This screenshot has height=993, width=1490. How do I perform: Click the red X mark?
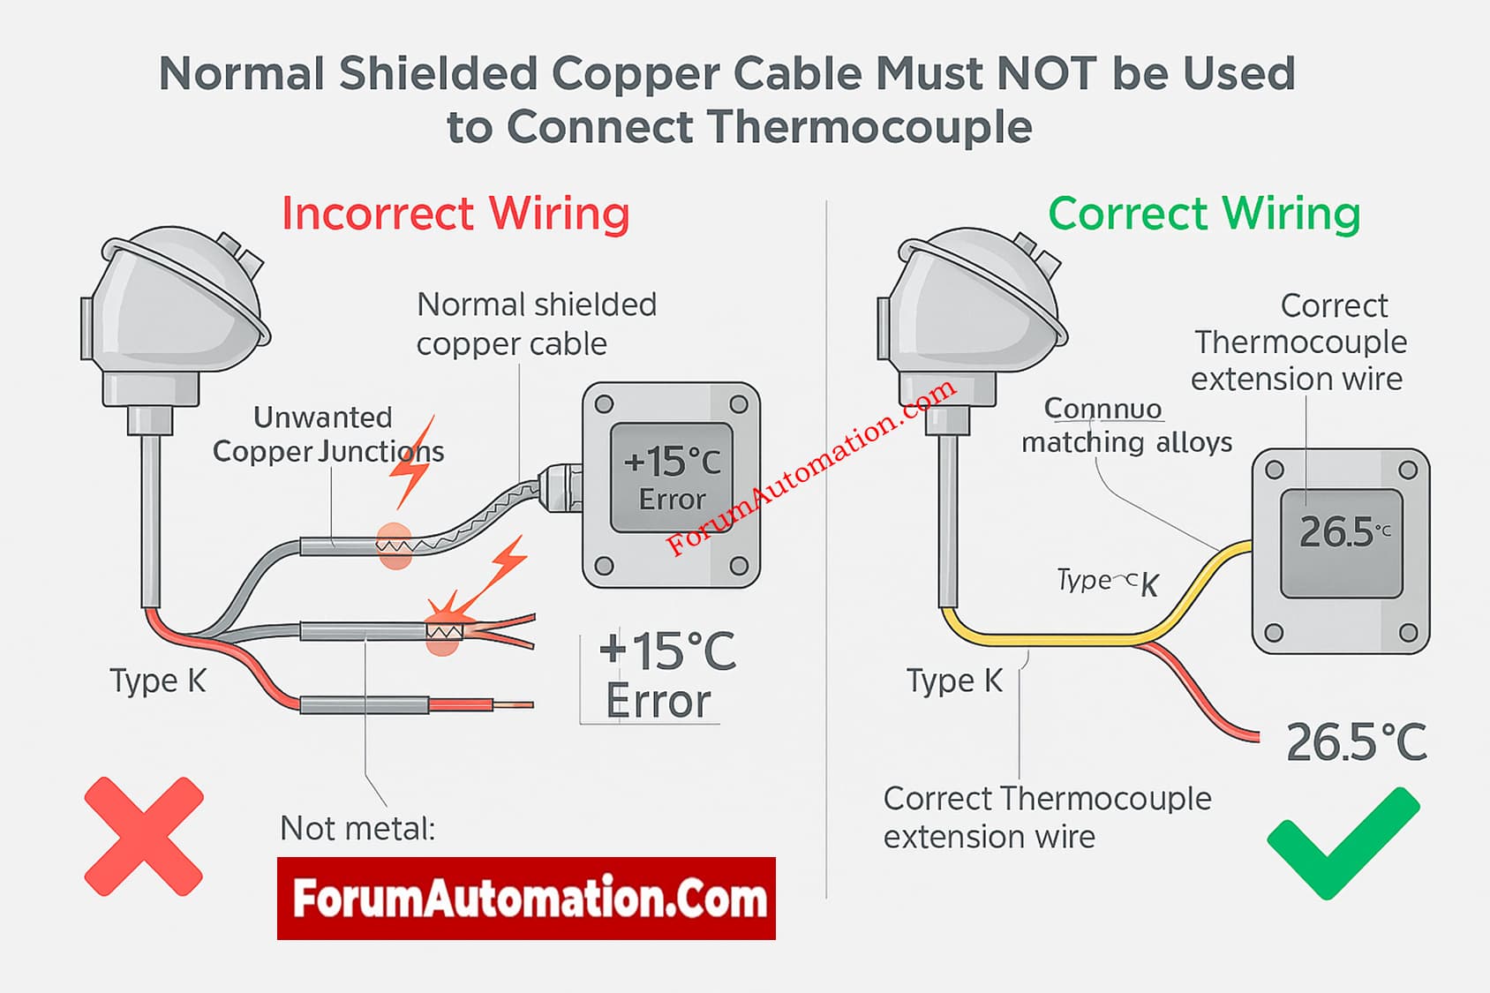(x=144, y=836)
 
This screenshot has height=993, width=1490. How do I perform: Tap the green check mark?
(x=1342, y=842)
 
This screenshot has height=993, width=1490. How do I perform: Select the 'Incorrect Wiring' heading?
(x=455, y=214)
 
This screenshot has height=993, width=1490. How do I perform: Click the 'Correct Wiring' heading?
(x=1204, y=214)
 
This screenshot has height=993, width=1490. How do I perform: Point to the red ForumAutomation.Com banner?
(x=526, y=898)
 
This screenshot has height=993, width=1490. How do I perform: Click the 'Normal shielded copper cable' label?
(x=536, y=324)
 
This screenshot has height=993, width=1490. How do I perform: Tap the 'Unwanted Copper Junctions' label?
(x=327, y=434)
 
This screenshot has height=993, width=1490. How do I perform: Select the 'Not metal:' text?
(x=357, y=829)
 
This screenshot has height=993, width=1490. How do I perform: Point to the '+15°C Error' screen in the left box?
(x=672, y=478)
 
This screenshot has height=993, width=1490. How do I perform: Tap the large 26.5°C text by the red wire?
(x=1356, y=742)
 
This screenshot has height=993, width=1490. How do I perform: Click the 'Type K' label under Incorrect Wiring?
(x=158, y=681)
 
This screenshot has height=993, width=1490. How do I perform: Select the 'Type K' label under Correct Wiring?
(x=955, y=681)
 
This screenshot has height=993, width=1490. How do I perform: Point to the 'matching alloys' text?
(x=1126, y=442)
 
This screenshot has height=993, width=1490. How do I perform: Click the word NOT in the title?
(x=1047, y=73)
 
